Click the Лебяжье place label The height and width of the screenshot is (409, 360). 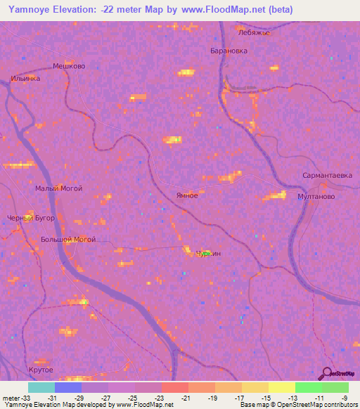coord(254,32)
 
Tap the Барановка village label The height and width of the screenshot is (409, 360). coord(229,51)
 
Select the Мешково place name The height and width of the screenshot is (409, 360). coord(69,66)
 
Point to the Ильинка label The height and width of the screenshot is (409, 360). coord(25,78)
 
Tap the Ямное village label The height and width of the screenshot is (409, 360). coord(187,195)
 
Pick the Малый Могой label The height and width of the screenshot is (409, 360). coord(59,188)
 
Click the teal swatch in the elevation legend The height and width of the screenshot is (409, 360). coord(41,387)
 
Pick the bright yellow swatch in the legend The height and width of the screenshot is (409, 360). coord(281,387)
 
